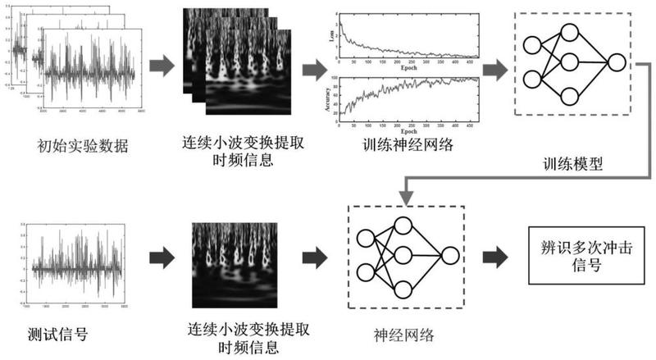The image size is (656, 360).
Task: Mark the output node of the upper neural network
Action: click(x=616, y=62)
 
